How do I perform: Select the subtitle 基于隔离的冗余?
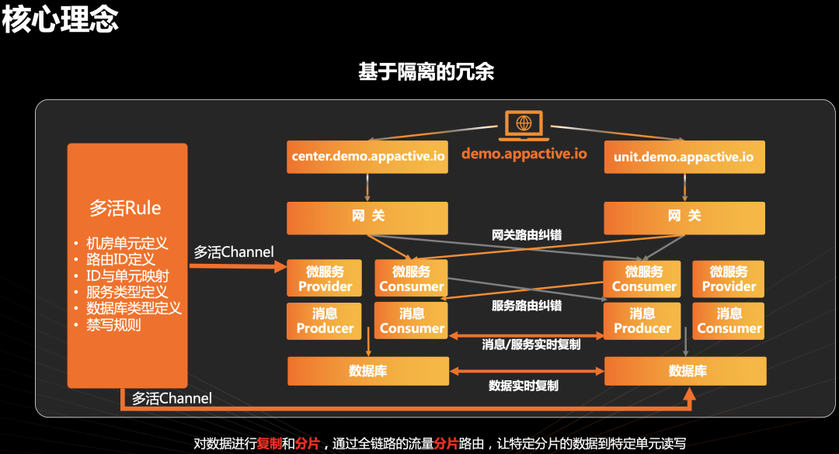(x=426, y=72)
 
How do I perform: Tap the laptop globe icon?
(x=524, y=124)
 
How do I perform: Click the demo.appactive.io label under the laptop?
(x=524, y=153)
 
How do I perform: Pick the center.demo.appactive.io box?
(x=368, y=157)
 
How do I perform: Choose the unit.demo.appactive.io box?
(x=684, y=157)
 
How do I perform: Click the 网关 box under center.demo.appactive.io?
(x=367, y=217)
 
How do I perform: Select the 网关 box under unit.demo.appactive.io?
(x=684, y=217)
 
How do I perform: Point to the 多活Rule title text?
(x=126, y=208)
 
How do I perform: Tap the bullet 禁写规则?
(x=113, y=324)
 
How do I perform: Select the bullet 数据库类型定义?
(x=134, y=308)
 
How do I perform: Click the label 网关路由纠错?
(x=527, y=234)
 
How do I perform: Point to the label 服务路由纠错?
(x=527, y=306)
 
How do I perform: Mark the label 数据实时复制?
(x=524, y=385)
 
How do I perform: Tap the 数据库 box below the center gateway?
(x=367, y=371)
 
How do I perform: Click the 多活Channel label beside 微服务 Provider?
(x=233, y=252)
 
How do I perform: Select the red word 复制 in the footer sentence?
(x=270, y=444)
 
